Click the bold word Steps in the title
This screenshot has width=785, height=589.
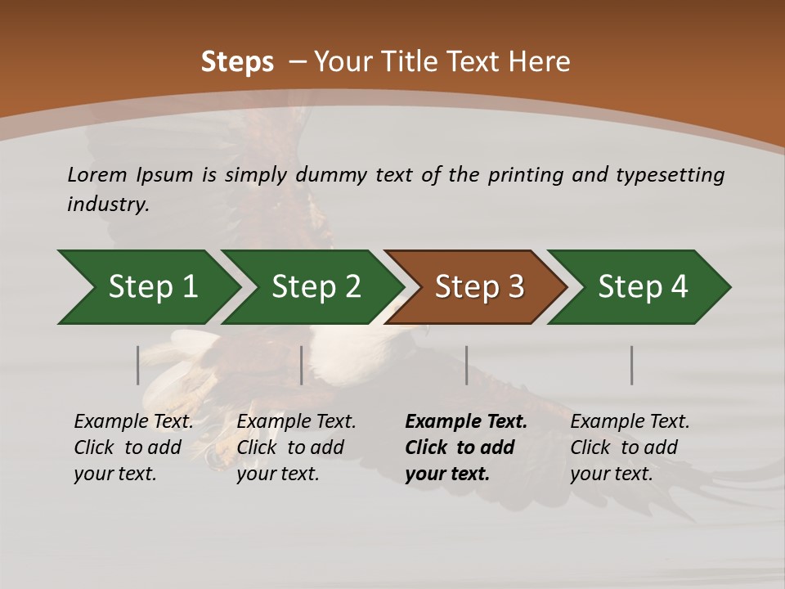(237, 62)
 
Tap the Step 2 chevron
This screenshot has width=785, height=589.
(316, 287)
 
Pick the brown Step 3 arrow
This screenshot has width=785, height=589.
(479, 287)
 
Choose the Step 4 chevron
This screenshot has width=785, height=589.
(643, 287)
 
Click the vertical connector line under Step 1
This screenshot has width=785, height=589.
(138, 365)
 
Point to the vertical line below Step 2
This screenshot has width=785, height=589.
(302, 365)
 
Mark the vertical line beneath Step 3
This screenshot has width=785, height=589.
(467, 365)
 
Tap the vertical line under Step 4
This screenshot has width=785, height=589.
(632, 365)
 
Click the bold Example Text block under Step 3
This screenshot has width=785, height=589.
(466, 447)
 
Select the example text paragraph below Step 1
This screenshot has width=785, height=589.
(133, 447)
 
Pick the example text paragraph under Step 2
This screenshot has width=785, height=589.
(296, 447)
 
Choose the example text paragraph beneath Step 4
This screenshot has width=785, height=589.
(630, 447)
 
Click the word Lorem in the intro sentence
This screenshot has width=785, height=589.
(97, 174)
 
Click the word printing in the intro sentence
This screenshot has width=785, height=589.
(524, 175)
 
